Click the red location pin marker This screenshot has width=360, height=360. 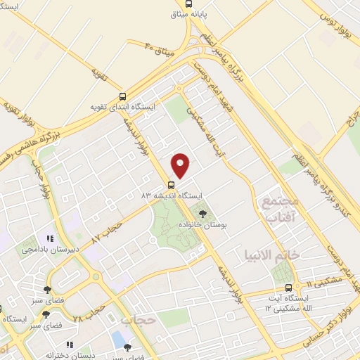(x=181, y=165)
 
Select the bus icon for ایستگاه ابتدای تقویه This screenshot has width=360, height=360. (x=123, y=98)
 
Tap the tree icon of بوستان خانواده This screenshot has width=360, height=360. (x=203, y=212)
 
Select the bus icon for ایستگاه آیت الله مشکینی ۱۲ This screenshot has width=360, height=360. (x=288, y=287)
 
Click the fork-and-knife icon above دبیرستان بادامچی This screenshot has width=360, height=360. (x=49, y=238)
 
